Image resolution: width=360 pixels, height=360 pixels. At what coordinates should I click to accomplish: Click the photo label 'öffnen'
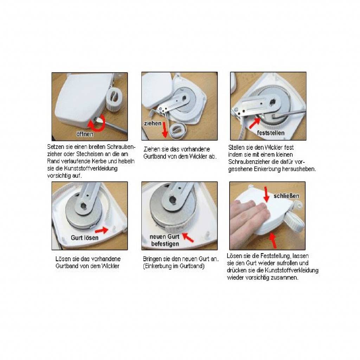85,134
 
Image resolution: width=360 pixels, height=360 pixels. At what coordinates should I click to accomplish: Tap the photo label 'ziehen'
153,123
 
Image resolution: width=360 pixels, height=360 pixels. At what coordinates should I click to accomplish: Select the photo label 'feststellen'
271,133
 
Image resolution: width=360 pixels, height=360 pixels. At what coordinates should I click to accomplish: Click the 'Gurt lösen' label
84,238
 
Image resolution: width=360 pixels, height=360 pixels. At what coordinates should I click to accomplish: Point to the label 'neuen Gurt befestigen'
165,240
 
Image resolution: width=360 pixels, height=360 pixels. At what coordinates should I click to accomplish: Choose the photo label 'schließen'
286,196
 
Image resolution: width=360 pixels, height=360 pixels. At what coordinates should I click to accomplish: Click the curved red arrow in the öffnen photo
98,125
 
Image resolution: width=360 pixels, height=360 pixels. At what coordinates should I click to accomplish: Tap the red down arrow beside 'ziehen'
165,130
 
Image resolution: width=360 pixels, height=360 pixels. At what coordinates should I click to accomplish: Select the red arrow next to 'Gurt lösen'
102,230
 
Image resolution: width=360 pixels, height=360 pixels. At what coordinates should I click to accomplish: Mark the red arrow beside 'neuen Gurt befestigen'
188,237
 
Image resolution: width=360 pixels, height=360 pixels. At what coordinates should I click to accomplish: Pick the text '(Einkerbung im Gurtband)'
174,266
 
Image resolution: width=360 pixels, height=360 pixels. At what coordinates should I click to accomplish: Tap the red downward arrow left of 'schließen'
266,194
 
